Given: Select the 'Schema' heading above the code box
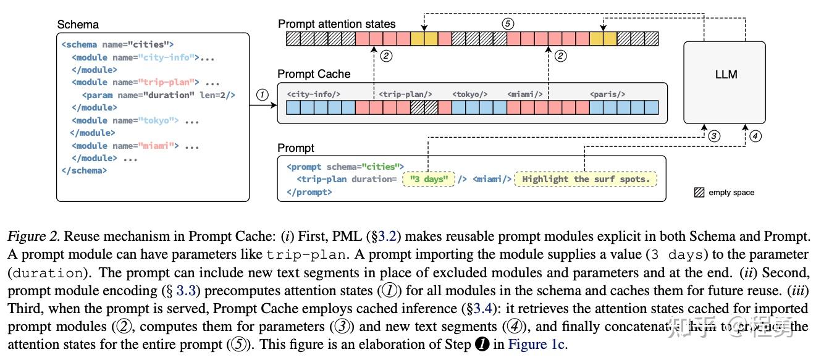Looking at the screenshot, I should pos(78,25).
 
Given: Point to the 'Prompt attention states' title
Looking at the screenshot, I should pos(337,24).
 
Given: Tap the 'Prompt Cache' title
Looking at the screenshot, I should pos(314,74).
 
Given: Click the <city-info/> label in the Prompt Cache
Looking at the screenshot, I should pos(314,94).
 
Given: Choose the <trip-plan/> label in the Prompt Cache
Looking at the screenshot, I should pos(405,94).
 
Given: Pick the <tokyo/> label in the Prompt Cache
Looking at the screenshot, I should pos(469,94).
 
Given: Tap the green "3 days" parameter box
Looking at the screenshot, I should pos(428,179).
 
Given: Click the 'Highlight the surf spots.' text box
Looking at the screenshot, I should pos(586,179).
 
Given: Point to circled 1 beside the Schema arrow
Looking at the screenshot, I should pos(263,95).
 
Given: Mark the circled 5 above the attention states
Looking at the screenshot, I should pos(508,24).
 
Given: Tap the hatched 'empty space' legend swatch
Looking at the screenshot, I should pos(699,193).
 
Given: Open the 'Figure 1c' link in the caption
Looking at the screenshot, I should pos(537,345).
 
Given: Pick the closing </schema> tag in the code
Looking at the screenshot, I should pos(84,170).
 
